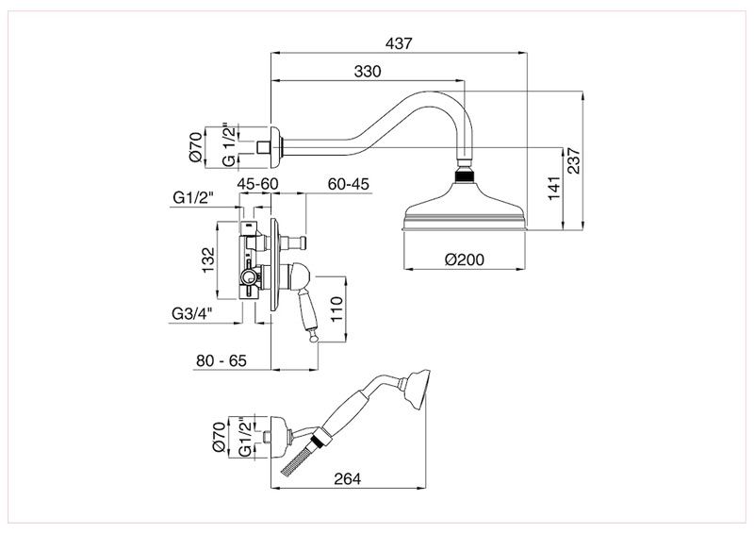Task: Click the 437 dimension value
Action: pos(399,43)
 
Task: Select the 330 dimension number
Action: pos(369,72)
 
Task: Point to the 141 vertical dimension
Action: pos(553,188)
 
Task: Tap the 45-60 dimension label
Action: pos(256,183)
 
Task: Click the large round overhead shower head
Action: pos(464,209)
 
